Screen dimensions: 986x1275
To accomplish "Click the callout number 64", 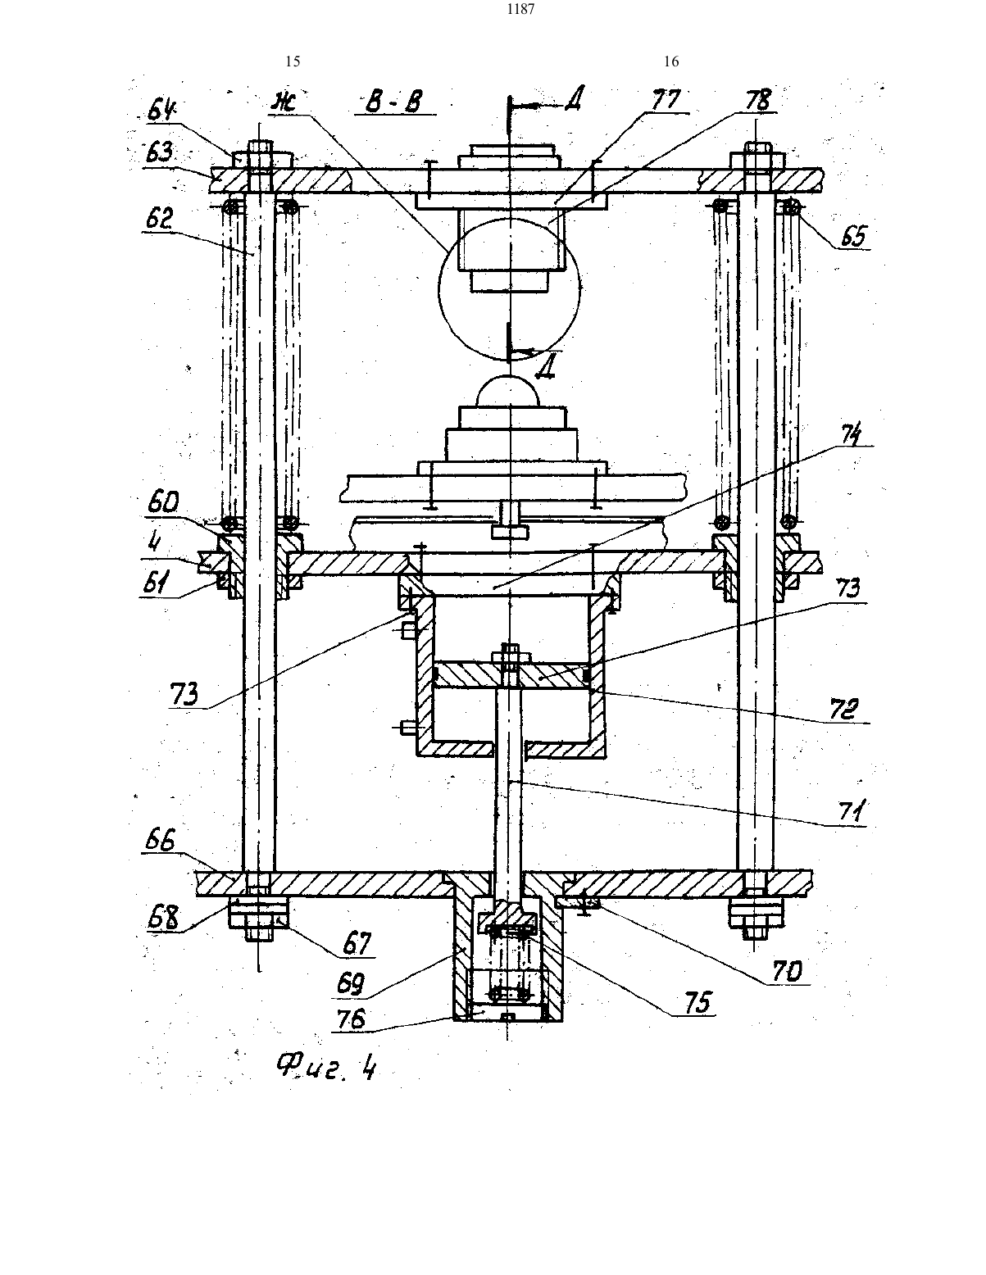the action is (163, 111).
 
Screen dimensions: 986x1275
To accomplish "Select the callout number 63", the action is (158, 153).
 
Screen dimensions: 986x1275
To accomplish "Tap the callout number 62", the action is (158, 219).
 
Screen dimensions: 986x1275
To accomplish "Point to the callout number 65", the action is (854, 237).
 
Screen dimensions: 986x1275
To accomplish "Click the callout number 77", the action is (666, 99).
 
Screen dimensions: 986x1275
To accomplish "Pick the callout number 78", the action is (757, 100).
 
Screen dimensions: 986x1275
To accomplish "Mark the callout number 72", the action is (843, 710).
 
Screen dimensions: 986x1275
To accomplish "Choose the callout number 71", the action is (848, 813).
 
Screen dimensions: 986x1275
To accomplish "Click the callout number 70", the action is (787, 973).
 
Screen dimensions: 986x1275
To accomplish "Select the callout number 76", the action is (350, 1019).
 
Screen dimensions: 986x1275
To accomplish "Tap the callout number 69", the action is (351, 984).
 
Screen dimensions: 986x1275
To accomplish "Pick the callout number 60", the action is (163, 503).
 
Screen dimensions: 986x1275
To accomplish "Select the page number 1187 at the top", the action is (520, 9).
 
